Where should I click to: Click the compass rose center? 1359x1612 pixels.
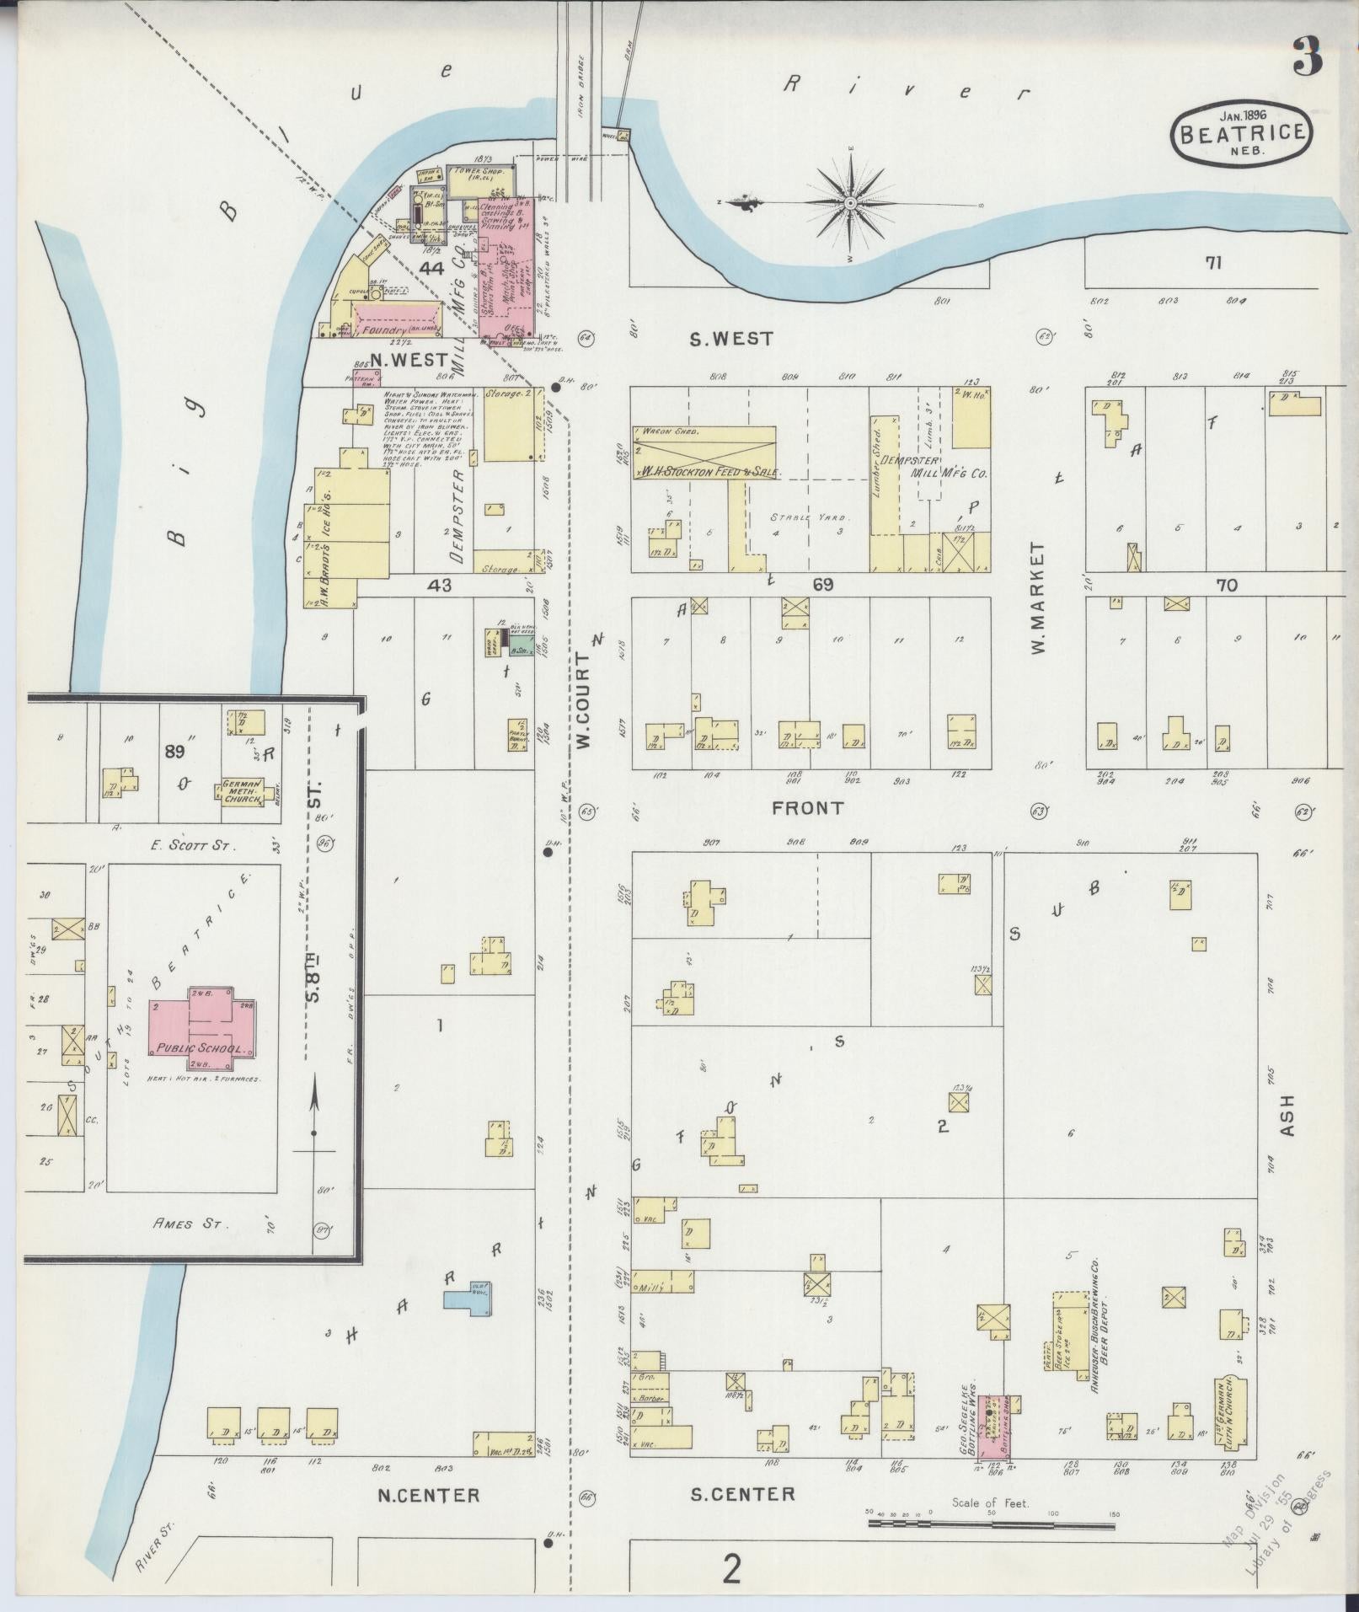click(x=851, y=203)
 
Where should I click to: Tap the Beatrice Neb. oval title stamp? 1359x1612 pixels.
click(x=1242, y=135)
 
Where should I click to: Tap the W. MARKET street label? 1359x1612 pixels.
click(x=1037, y=598)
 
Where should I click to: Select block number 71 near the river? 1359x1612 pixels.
click(x=1213, y=264)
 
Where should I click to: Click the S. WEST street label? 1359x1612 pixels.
click(x=731, y=339)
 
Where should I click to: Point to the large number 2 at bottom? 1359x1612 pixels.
click(x=732, y=1570)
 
